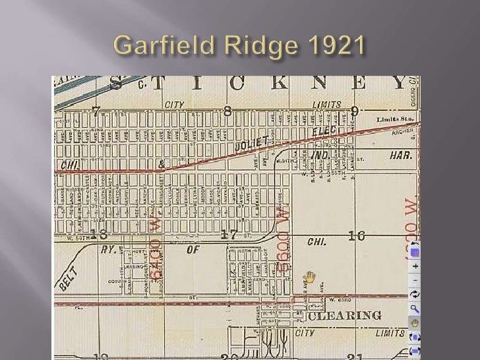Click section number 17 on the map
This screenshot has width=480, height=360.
[x=229, y=235]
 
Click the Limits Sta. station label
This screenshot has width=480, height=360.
[x=394, y=119]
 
